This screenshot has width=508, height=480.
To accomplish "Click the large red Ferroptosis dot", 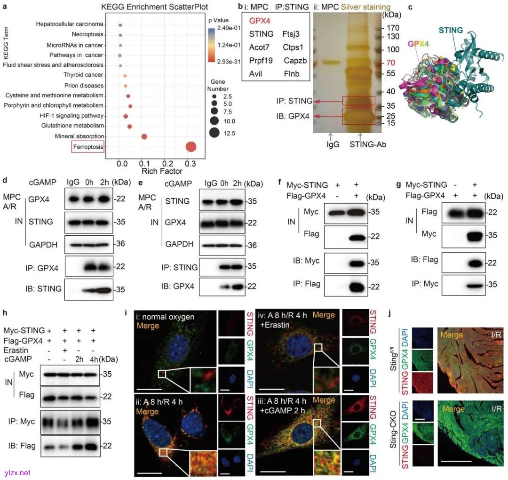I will click(x=191, y=147).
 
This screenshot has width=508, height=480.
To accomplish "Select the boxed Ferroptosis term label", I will click(x=88, y=147).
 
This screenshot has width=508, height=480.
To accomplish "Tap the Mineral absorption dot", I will click(x=144, y=137).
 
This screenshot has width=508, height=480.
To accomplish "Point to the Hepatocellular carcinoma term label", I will click(x=70, y=24).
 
